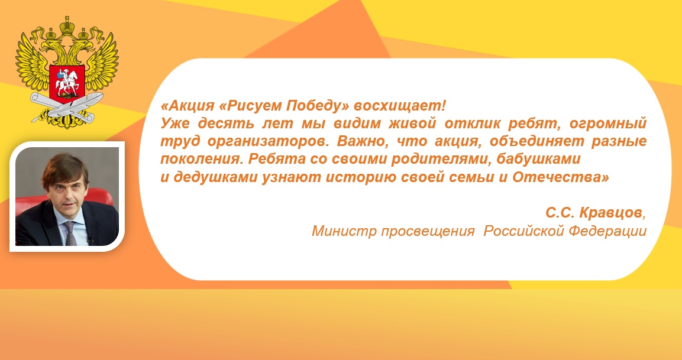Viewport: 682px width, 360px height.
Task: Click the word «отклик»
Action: pyautogui.click(x=472, y=124)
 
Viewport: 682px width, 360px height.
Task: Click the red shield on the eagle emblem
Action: pyautogui.click(x=67, y=82)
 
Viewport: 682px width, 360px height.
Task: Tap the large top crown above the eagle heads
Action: pyautogui.click(x=67, y=27)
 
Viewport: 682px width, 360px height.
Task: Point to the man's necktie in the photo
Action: pyautogui.click(x=70, y=232)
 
